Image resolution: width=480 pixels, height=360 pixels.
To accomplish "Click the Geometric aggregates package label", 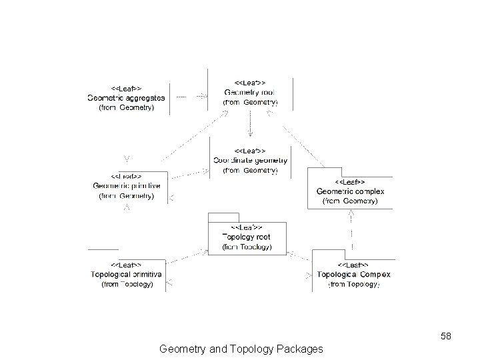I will (x=126, y=97).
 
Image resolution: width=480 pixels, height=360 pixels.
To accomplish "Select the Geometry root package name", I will (x=249, y=92).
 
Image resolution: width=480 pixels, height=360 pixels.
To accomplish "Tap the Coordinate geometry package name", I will (x=250, y=160).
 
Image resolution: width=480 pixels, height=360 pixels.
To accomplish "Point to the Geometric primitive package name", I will (x=127, y=185).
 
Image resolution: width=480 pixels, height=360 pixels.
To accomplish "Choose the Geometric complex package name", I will (x=350, y=191).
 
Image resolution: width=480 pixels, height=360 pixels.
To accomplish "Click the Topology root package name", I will (x=246, y=237).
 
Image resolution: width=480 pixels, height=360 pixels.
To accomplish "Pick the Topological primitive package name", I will (x=127, y=274).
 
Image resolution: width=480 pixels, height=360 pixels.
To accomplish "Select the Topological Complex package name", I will (x=353, y=274).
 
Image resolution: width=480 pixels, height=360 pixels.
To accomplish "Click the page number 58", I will (x=446, y=336).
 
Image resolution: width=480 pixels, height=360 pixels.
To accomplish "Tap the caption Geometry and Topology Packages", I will (x=241, y=348).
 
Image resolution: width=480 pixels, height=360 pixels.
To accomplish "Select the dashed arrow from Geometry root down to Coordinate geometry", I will (x=250, y=123).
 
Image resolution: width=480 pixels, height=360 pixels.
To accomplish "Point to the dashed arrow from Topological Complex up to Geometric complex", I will (x=351, y=230).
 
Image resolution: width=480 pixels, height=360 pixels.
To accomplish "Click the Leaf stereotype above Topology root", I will (x=246, y=227).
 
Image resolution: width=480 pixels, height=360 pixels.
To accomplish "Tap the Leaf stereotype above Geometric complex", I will (x=349, y=181).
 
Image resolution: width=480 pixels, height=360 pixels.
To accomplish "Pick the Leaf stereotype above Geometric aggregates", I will (x=126, y=87).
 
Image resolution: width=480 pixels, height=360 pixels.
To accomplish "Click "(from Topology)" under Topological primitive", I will (x=127, y=284).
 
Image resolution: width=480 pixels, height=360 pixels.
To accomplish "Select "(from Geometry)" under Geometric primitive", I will (x=127, y=196).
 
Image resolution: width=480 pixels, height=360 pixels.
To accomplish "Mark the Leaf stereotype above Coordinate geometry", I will (x=250, y=150).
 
